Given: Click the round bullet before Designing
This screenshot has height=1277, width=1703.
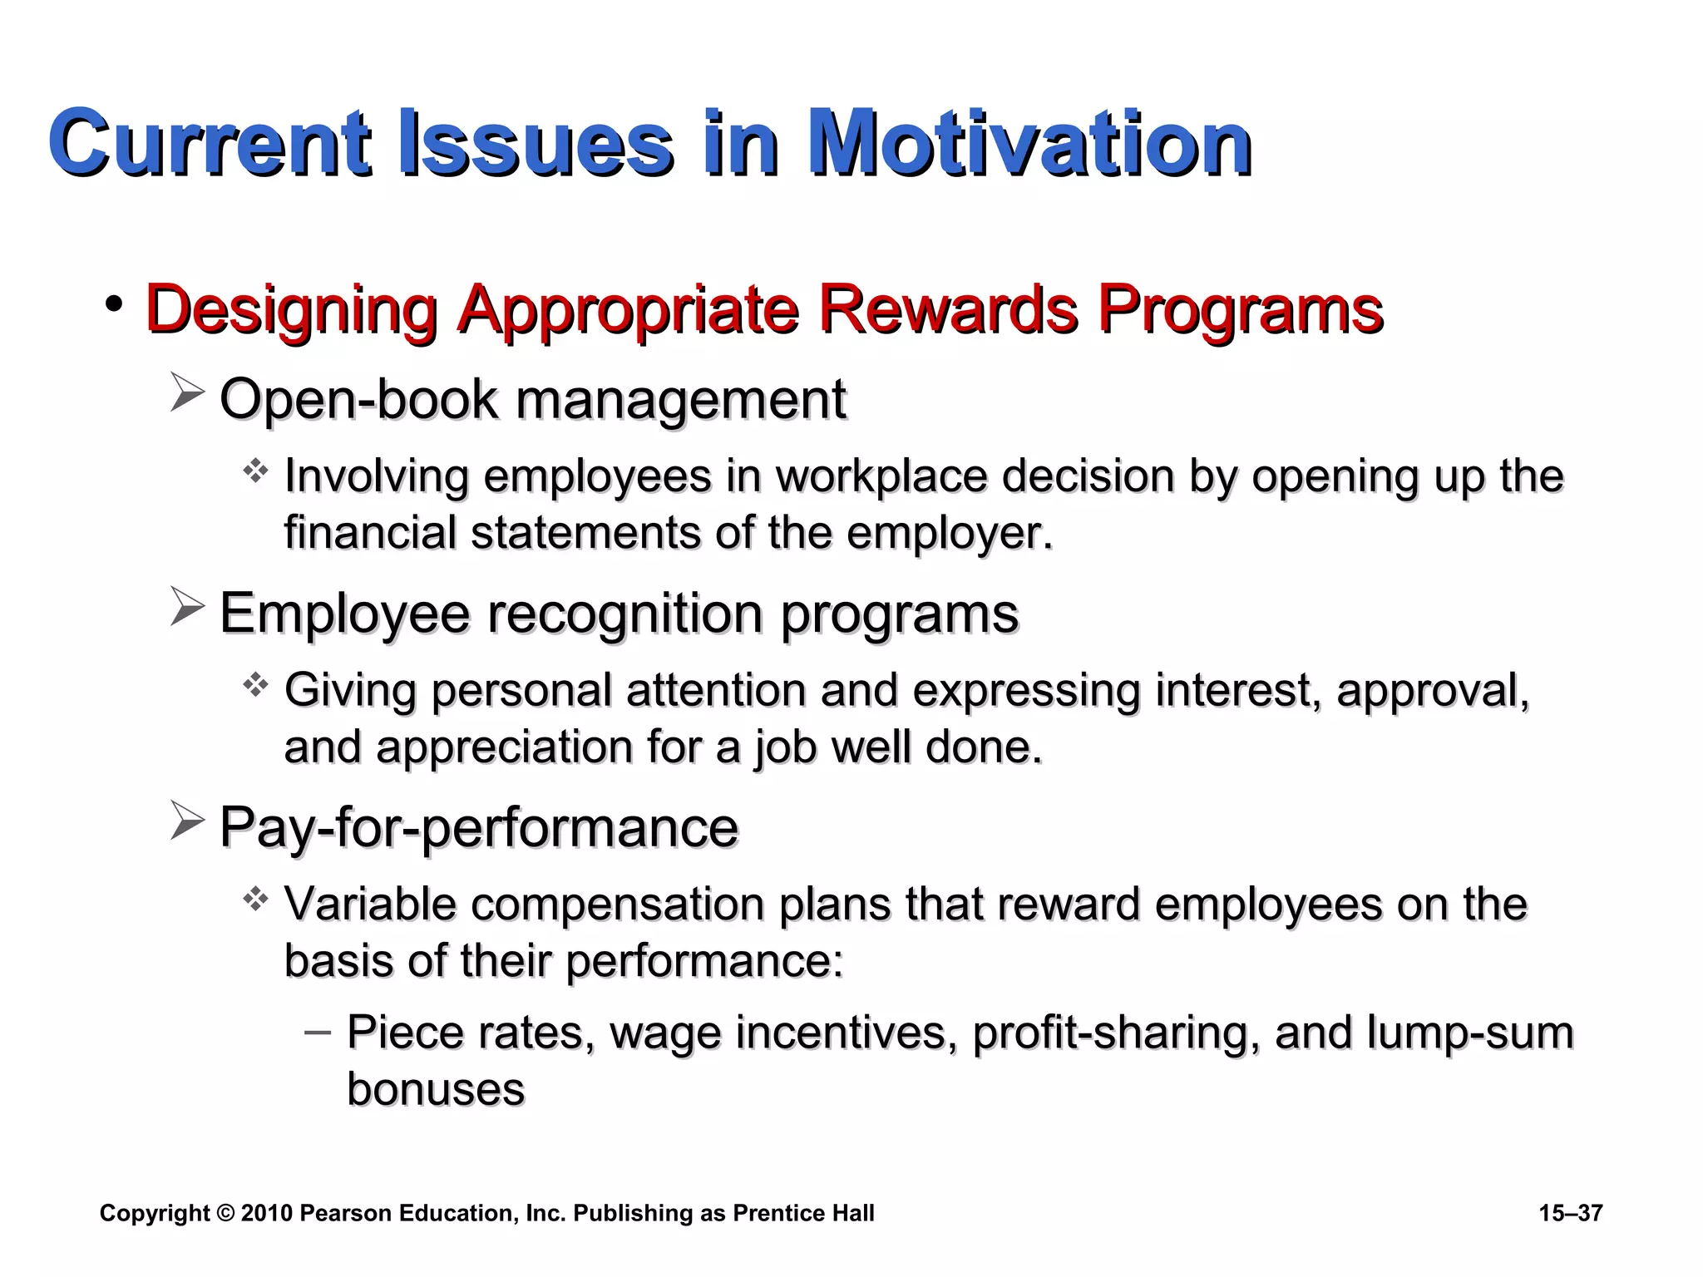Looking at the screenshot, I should [x=114, y=304].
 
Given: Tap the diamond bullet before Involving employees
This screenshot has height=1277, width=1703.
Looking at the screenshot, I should [x=255, y=472].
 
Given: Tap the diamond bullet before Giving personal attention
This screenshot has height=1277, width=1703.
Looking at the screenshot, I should [x=255, y=686].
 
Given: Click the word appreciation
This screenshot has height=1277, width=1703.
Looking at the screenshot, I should [x=505, y=747].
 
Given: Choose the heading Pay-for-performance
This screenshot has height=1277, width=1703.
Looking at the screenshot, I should [x=479, y=827].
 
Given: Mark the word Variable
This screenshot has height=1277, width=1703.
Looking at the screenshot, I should [x=370, y=904].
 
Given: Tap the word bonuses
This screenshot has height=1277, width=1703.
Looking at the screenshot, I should [x=436, y=1089].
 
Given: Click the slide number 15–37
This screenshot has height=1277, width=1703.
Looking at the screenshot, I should [x=1570, y=1213].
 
